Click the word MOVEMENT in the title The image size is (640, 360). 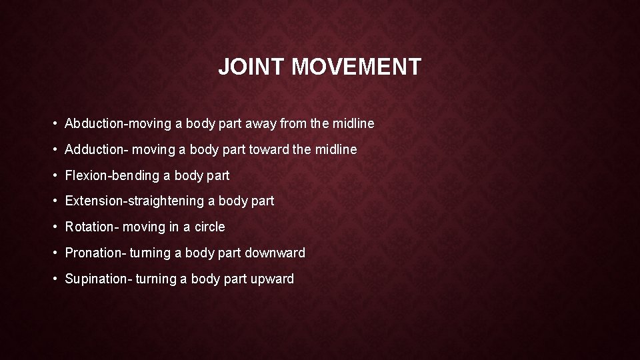[357, 67]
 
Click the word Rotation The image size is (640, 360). [89, 227]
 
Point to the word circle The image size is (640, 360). [210, 227]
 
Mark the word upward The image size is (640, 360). [272, 279]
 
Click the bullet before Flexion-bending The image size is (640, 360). [53, 175]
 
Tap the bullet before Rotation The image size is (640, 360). [53, 227]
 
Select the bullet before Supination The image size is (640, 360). [53, 279]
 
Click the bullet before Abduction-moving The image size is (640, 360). [53, 123]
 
